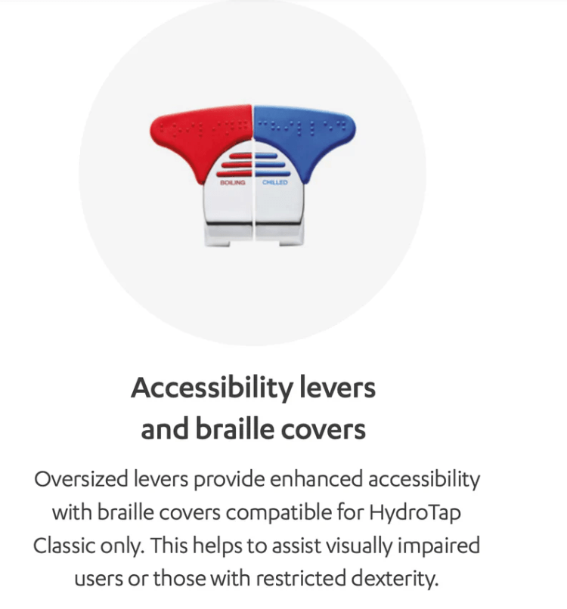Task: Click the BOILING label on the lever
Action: click(232, 182)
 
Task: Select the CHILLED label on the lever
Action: click(274, 182)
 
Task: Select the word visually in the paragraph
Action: click(358, 545)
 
